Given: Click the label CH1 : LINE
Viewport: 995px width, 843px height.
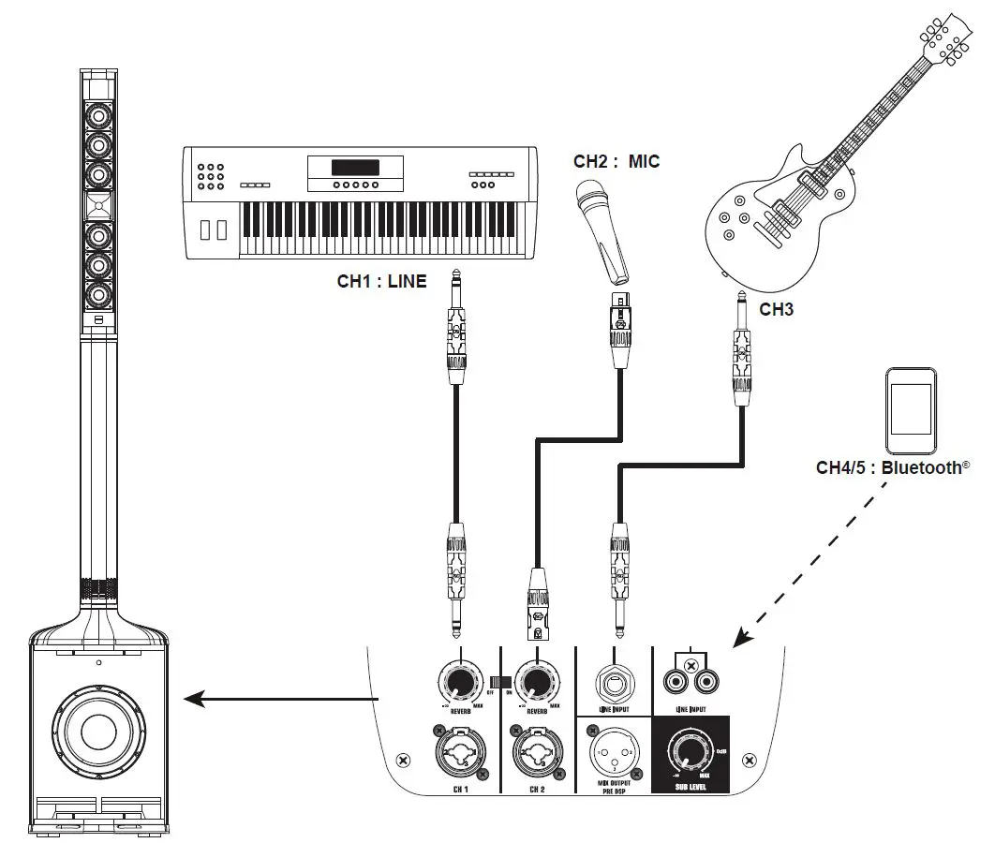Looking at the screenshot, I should pyautogui.click(x=381, y=280).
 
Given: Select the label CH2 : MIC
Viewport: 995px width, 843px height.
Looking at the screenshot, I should pyautogui.click(x=616, y=161).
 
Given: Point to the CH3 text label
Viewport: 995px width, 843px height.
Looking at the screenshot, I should pyautogui.click(x=777, y=309).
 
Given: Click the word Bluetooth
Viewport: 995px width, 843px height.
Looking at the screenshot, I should pyautogui.click(x=926, y=467).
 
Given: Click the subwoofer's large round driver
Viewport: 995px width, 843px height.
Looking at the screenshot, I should pyautogui.click(x=99, y=731).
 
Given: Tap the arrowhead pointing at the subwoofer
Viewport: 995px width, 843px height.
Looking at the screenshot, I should pyautogui.click(x=191, y=698).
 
